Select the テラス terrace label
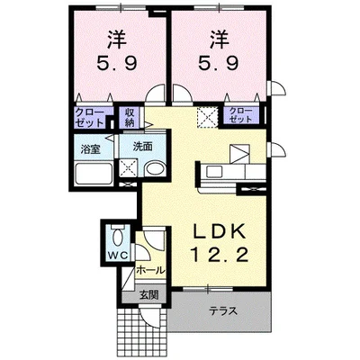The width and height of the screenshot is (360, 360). click(x=223, y=311)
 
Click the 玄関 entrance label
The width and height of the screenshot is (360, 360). click(x=148, y=295)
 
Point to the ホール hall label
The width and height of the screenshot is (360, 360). click(x=151, y=270)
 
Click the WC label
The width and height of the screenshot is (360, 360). click(x=118, y=256)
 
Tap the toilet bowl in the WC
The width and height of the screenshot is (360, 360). click(x=118, y=237)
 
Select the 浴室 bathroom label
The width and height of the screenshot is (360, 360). click(x=90, y=149)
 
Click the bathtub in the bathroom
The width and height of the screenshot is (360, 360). click(x=94, y=174)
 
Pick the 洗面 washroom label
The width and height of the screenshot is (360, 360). click(x=143, y=147)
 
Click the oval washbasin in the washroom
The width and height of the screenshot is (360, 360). click(x=155, y=169)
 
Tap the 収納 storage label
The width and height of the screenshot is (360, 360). click(x=130, y=117)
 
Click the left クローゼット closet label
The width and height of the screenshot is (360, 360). click(x=89, y=117)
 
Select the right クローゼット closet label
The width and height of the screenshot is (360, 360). click(x=240, y=115)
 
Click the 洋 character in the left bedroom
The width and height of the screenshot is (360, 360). click(x=117, y=40)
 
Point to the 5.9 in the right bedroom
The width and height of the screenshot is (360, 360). click(x=219, y=63)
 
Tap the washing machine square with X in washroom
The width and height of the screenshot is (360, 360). click(x=128, y=168)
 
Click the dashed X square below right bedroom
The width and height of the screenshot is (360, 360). click(x=207, y=117)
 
